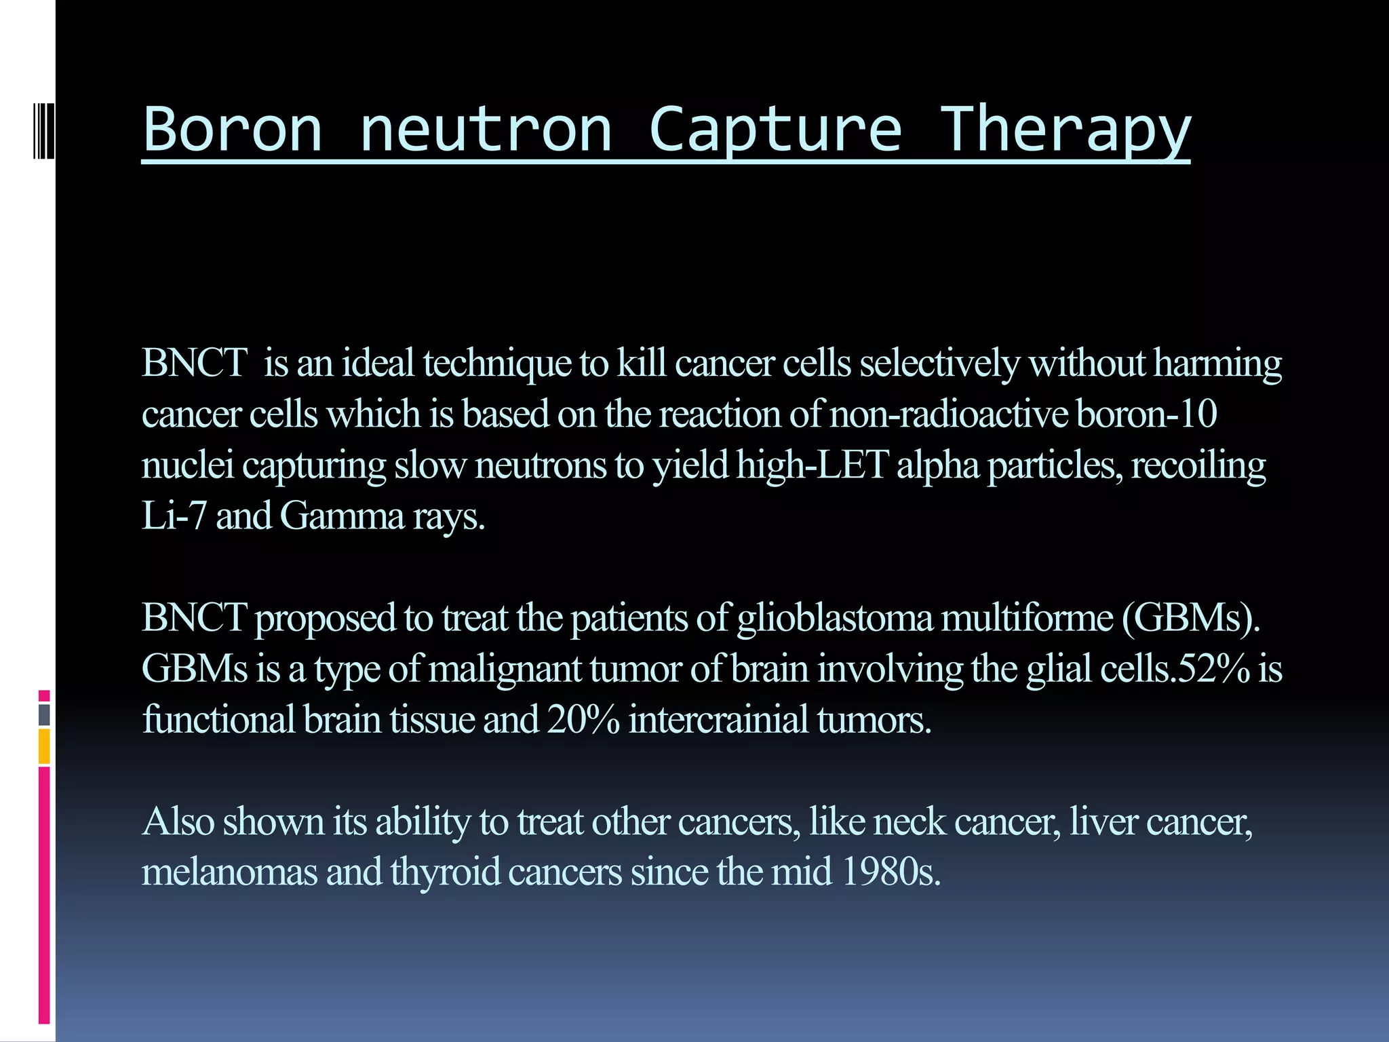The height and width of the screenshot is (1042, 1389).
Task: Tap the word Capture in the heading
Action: coord(775,130)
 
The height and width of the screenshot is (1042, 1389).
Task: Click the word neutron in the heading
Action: coord(486,130)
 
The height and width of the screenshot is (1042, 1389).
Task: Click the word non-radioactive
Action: coord(949,414)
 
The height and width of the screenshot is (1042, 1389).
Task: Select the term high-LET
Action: coord(813,465)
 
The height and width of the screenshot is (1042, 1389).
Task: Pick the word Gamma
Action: coord(342,517)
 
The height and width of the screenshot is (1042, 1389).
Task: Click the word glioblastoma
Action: coord(835,618)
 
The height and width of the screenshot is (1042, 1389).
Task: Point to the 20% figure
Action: coord(583,719)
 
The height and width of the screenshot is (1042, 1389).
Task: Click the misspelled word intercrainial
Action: coord(718,719)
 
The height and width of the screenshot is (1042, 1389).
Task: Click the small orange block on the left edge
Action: coord(44,746)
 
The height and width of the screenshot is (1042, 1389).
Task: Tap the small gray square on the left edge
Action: coord(44,715)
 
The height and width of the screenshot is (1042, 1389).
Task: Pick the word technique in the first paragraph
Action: coord(496,364)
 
